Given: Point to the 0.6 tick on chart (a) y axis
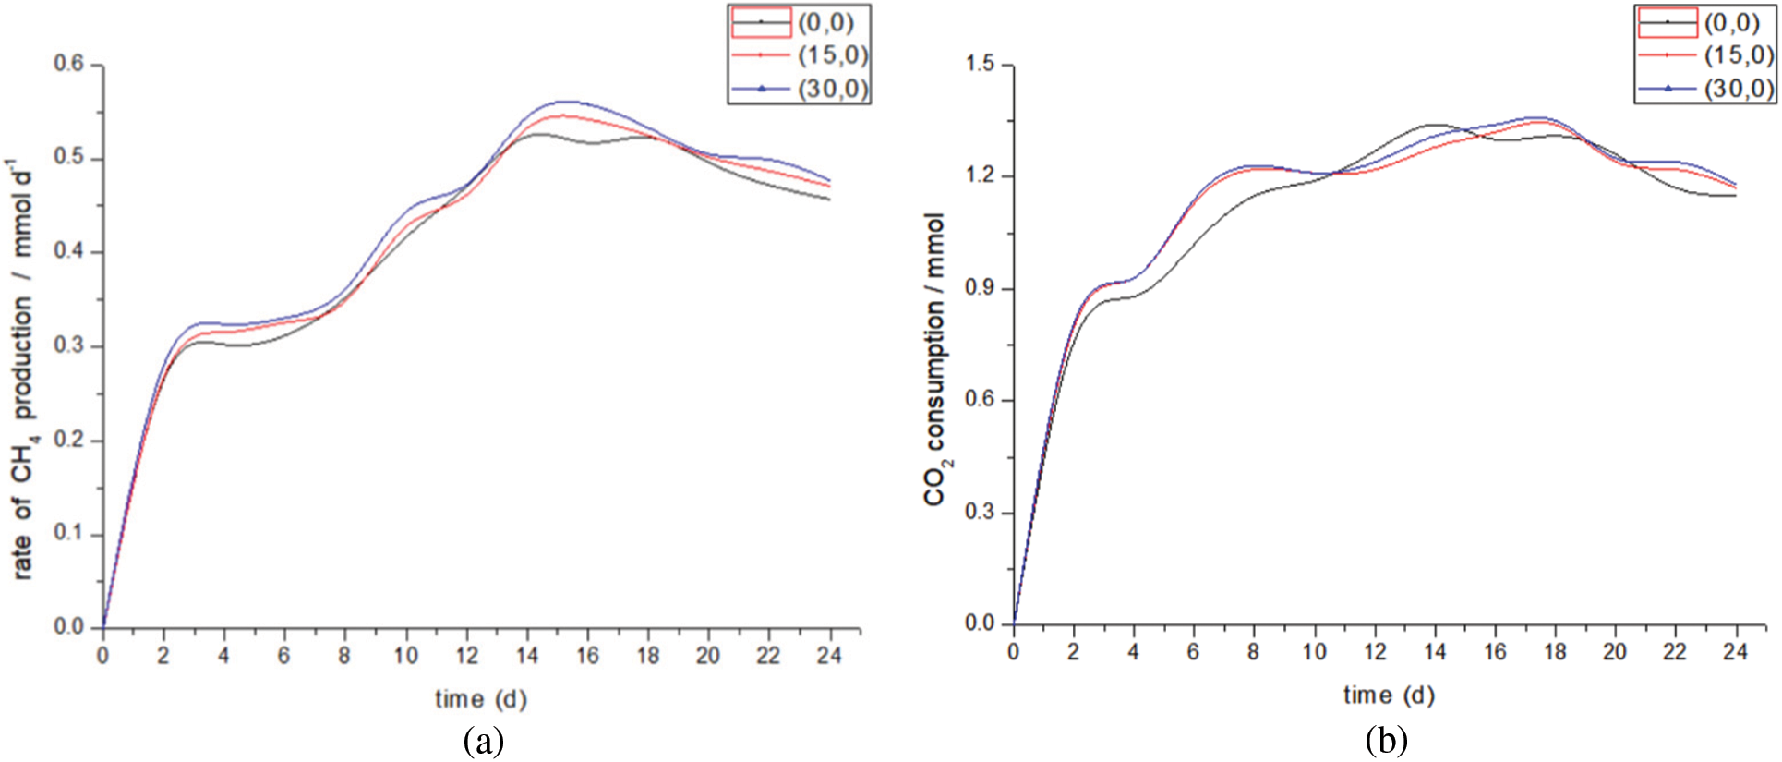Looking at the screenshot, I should (x=69, y=65).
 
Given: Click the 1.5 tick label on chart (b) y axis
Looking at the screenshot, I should (x=980, y=65).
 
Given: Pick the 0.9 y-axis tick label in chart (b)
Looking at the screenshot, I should (x=980, y=288).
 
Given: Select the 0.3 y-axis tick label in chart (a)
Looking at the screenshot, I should (x=69, y=345).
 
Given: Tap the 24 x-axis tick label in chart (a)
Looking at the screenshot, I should (x=830, y=655).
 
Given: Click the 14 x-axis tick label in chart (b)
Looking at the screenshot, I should (x=1434, y=651).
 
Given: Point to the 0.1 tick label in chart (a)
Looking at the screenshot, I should (x=69, y=533).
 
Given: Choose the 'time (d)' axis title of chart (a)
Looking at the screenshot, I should (x=481, y=699).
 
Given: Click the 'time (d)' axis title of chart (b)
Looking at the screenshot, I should (x=1389, y=695).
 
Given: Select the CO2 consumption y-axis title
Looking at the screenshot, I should (x=935, y=360).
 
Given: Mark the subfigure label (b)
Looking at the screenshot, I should (x=1386, y=741).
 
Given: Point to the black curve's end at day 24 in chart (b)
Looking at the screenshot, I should (x=1735, y=195).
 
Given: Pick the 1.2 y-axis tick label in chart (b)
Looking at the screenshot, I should (x=980, y=175).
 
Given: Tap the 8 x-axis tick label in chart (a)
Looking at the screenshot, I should (x=344, y=655).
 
